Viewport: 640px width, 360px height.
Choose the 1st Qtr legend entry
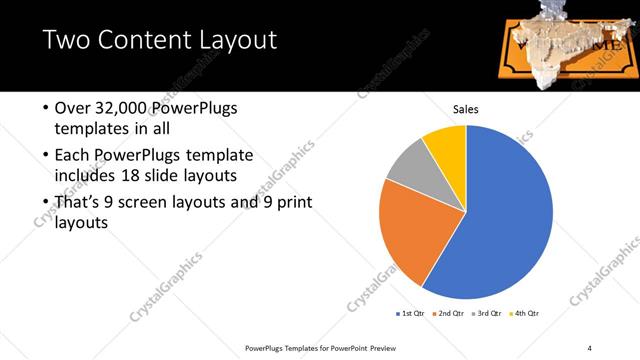pos(410,314)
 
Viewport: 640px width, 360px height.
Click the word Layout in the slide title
pos(231,41)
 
